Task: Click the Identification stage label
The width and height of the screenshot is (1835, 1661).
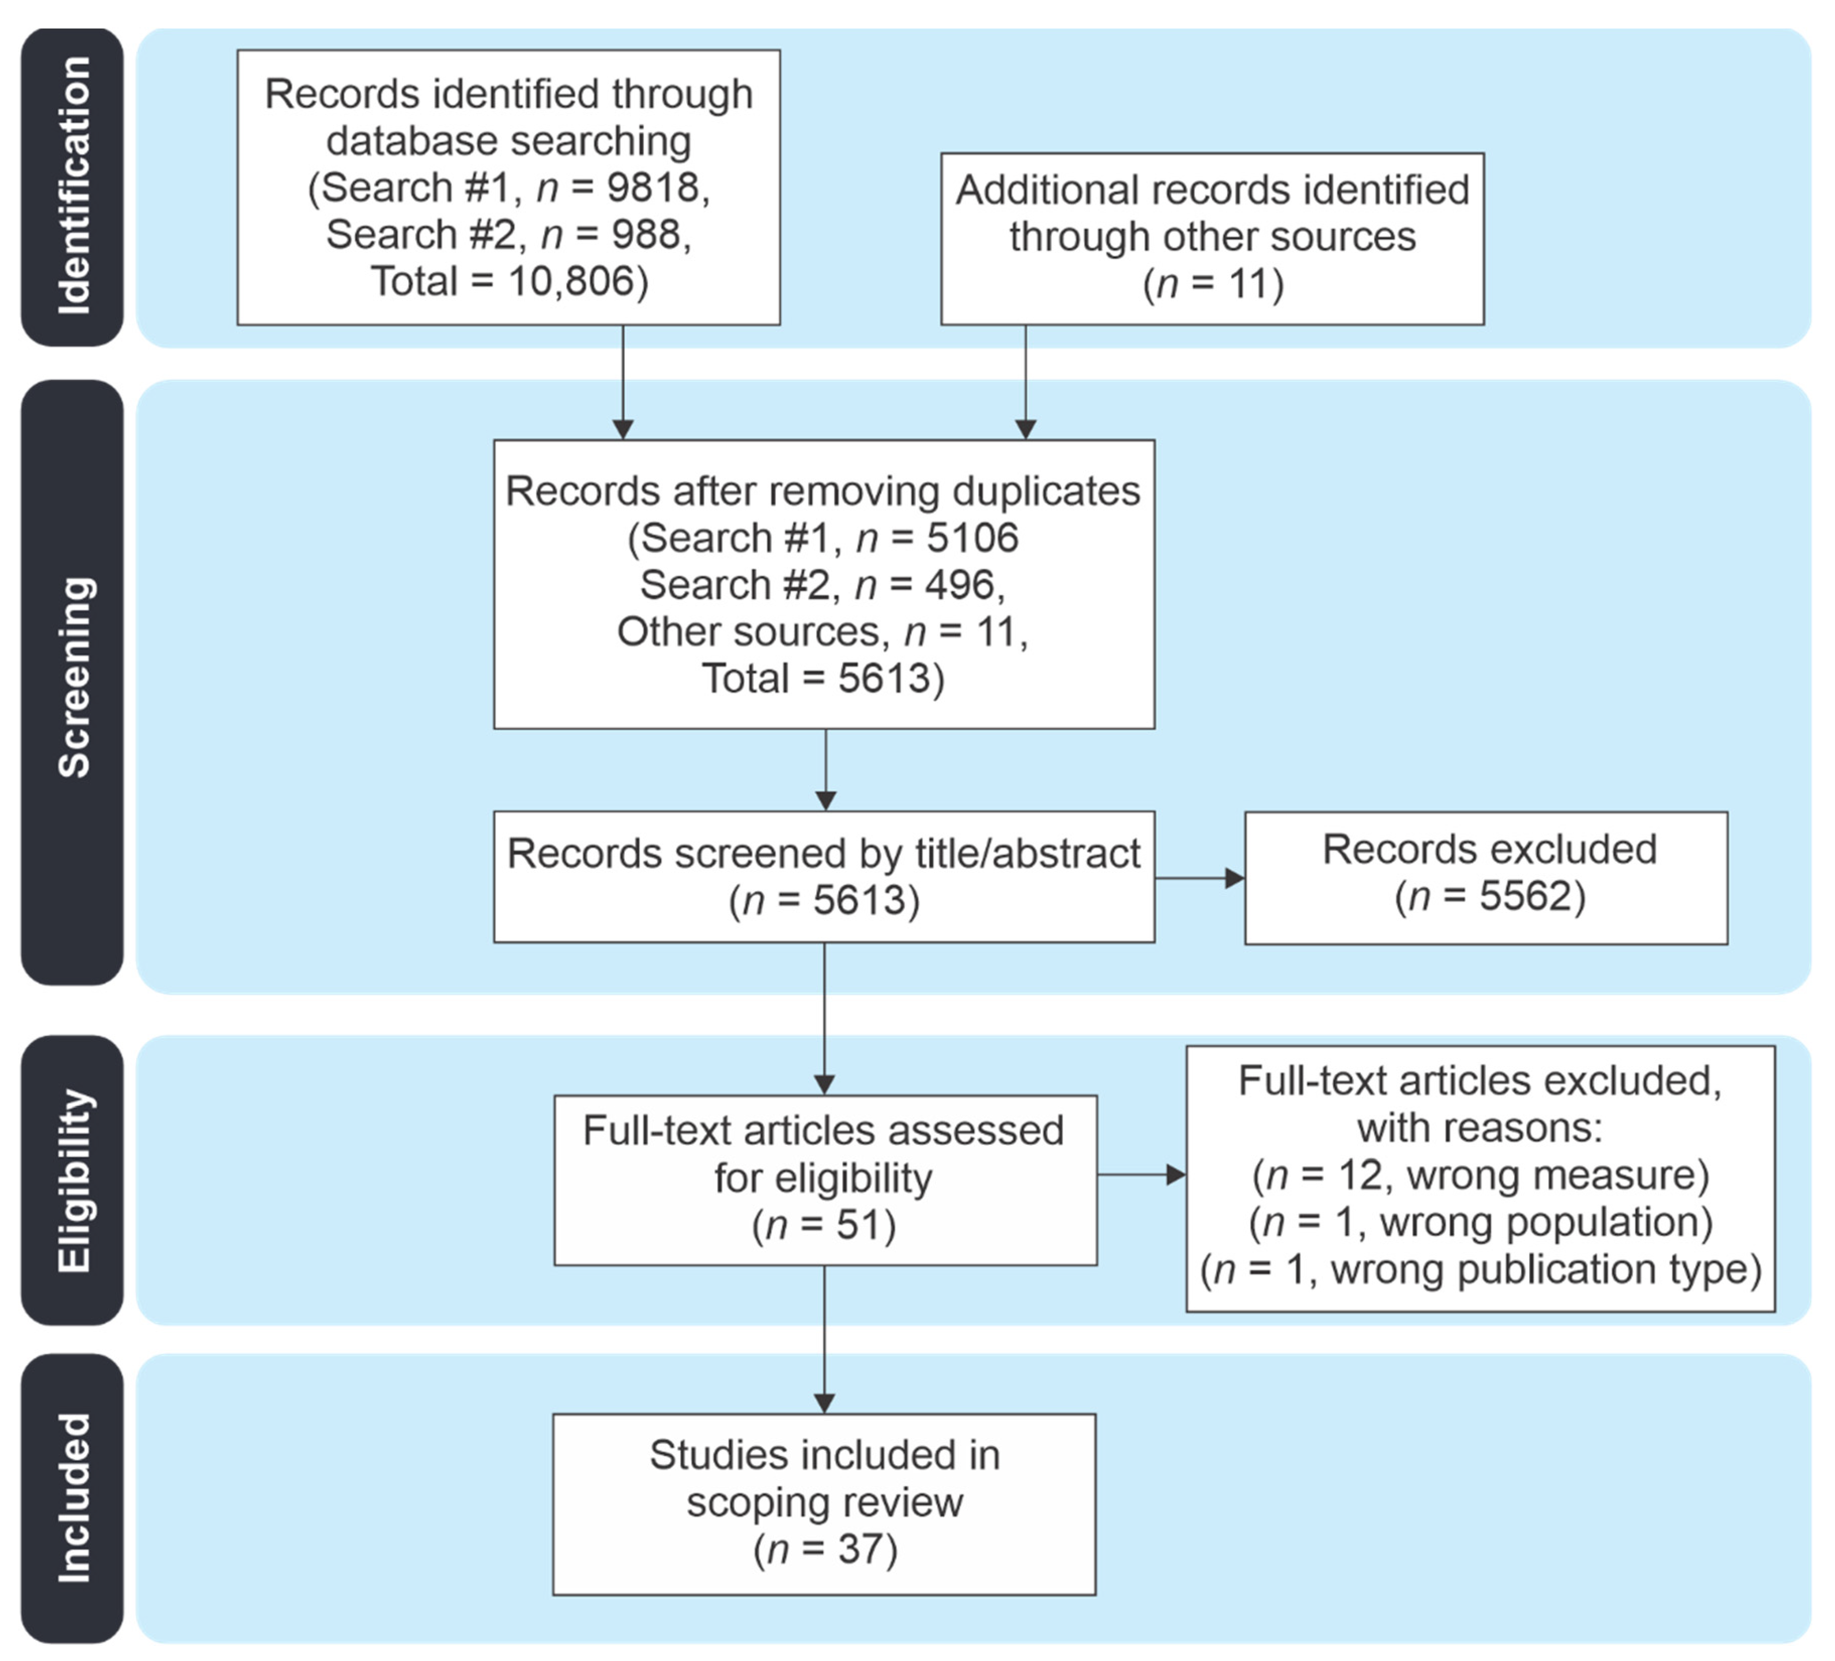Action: click(x=73, y=186)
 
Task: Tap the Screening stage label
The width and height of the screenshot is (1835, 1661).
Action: click(x=73, y=678)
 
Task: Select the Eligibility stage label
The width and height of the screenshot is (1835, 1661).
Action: click(x=73, y=1181)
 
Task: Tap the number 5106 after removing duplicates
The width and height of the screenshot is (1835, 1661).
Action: click(x=972, y=538)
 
